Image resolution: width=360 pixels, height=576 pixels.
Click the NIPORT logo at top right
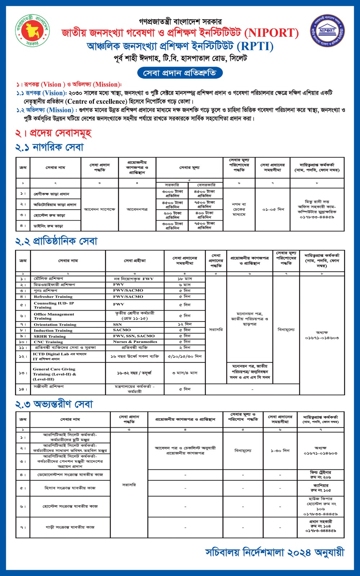click(x=327, y=31)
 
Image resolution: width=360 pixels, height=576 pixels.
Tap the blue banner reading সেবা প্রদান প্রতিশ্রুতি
click(x=180, y=73)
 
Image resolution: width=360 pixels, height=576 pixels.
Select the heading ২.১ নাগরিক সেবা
click(x=49, y=147)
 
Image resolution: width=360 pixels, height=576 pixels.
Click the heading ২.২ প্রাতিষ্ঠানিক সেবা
click(x=56, y=241)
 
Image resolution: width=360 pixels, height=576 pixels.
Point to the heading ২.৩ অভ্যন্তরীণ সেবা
click(x=54, y=404)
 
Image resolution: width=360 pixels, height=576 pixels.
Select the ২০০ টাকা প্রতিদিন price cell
click(x=172, y=215)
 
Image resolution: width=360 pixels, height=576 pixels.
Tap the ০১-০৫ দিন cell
click(x=273, y=209)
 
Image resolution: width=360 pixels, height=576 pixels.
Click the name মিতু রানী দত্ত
click(x=317, y=202)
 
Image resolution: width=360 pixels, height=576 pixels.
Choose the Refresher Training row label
click(x=53, y=297)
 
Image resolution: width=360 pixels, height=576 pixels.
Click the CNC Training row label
click(x=48, y=342)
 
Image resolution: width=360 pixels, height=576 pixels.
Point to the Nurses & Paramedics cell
click(x=135, y=342)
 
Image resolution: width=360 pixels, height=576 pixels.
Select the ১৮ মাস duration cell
click(x=185, y=279)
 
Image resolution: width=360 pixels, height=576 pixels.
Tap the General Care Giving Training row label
click(x=54, y=374)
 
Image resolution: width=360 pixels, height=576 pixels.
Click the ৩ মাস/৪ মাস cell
click(x=185, y=373)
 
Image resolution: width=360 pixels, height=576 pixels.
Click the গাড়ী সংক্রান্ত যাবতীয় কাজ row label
click(x=70, y=527)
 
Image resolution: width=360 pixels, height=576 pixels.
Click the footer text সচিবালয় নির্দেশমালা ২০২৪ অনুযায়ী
click(x=275, y=553)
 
